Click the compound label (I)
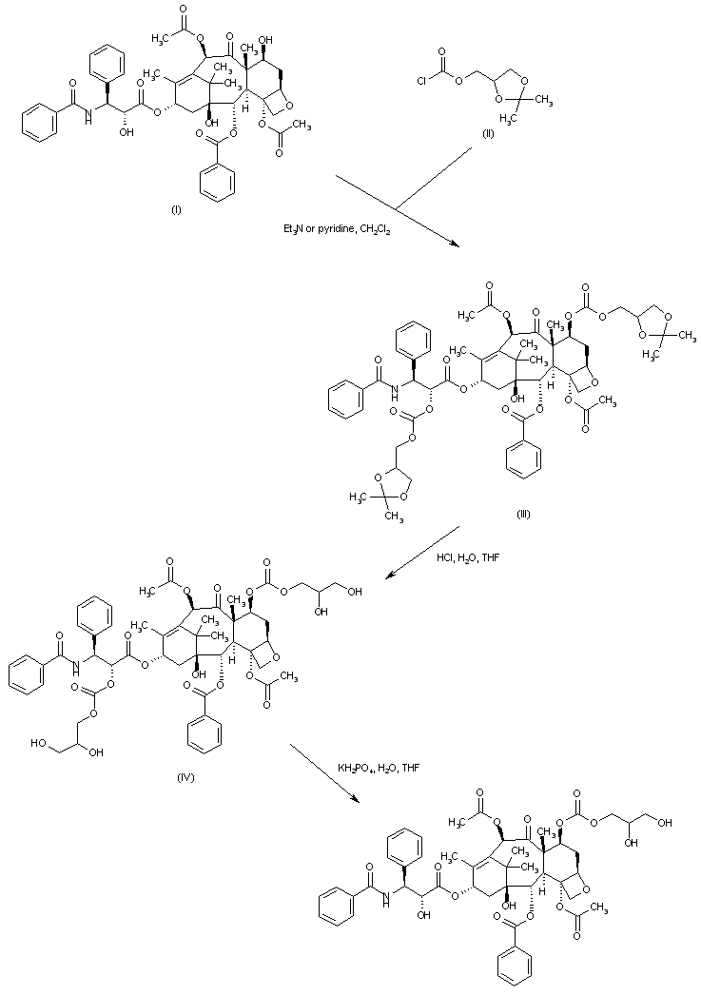[x=176, y=210]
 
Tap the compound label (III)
[x=523, y=514]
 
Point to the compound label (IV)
[x=186, y=778]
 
